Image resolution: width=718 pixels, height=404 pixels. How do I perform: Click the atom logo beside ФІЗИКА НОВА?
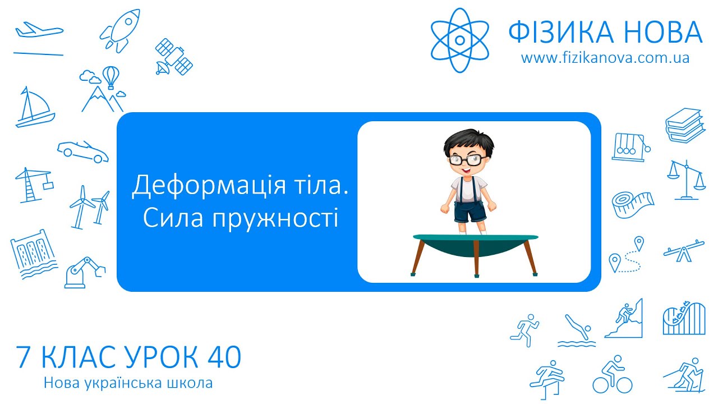click(459, 39)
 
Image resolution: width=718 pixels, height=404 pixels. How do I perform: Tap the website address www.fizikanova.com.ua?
click(605, 58)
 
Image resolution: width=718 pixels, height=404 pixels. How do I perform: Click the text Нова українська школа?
click(128, 384)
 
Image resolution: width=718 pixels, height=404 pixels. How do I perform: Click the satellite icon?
click(174, 57)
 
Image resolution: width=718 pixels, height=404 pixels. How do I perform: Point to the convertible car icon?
click(83, 150)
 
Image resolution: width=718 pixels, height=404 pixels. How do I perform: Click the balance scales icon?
click(685, 180)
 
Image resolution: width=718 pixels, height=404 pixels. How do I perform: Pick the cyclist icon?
click(612, 374)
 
